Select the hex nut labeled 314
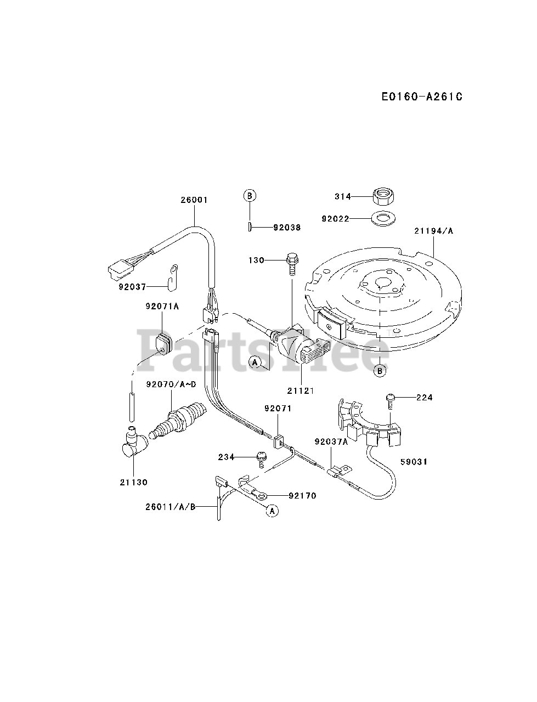click(382, 196)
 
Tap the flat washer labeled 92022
click(382, 219)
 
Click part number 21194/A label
click(434, 231)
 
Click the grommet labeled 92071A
click(163, 342)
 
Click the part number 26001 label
click(194, 200)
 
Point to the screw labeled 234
click(262, 458)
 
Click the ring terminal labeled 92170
click(262, 496)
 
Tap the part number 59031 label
click(414, 462)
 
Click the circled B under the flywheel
click(380, 371)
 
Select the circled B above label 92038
click(250, 195)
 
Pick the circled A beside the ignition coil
click(254, 361)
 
